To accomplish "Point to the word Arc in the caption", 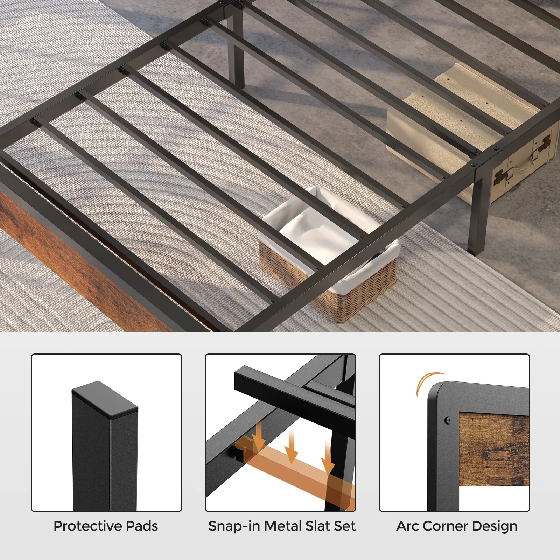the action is pos(407,526).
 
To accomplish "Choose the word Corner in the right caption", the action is pos(445,526).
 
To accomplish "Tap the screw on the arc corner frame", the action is pos(448,420).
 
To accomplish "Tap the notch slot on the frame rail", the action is pos(235,453).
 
